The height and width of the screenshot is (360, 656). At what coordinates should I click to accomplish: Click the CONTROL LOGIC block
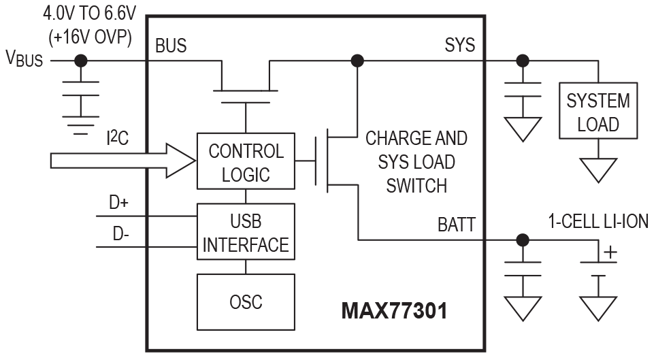(246, 161)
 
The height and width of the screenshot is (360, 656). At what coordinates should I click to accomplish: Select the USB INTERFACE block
(246, 233)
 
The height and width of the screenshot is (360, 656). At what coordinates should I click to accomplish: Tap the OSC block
(246, 300)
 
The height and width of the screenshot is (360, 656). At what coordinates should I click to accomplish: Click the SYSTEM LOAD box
(598, 112)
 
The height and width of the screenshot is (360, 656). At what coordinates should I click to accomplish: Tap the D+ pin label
(119, 201)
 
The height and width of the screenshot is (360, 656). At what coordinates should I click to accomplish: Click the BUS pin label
(171, 46)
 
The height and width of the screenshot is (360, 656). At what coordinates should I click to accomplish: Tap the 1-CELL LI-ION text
(598, 221)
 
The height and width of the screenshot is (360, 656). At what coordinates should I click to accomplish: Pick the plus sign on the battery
(610, 252)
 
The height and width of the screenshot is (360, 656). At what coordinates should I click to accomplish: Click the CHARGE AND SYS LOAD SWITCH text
(416, 162)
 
